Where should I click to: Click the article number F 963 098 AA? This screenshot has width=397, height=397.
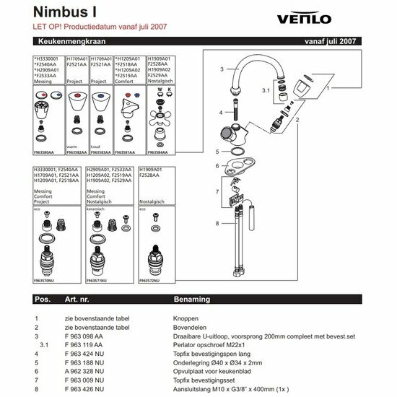click(x=84, y=336)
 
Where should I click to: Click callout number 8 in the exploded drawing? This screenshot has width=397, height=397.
click(x=217, y=224)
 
